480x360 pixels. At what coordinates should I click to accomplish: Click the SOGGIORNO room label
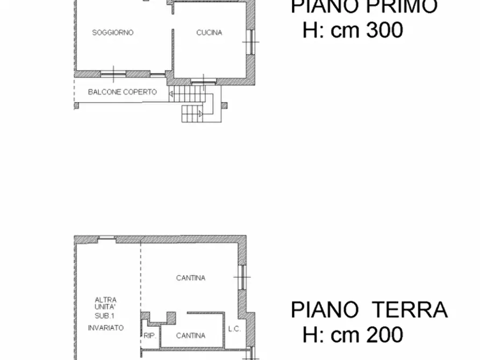[x=112, y=32]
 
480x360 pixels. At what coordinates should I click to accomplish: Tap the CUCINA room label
[x=209, y=32]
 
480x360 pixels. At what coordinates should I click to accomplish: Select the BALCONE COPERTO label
[x=123, y=92]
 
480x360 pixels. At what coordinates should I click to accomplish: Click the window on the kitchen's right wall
[x=250, y=41]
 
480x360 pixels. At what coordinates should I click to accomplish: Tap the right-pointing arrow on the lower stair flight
[x=200, y=113]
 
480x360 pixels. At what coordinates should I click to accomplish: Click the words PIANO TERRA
[x=369, y=310]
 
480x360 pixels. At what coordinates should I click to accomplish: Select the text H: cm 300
[x=353, y=30]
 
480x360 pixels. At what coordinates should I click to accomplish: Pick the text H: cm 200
[x=353, y=334]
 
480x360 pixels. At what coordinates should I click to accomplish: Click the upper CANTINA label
[x=190, y=278]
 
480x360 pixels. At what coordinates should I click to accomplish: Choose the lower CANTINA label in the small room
[x=190, y=335]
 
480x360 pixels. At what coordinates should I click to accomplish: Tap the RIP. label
[x=149, y=335]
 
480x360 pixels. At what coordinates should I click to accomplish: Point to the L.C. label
[x=234, y=328]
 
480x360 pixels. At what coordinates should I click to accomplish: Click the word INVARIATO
[x=106, y=327]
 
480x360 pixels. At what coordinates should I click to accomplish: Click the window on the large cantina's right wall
[x=242, y=278]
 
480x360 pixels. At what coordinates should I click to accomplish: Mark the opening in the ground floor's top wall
[x=107, y=238]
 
